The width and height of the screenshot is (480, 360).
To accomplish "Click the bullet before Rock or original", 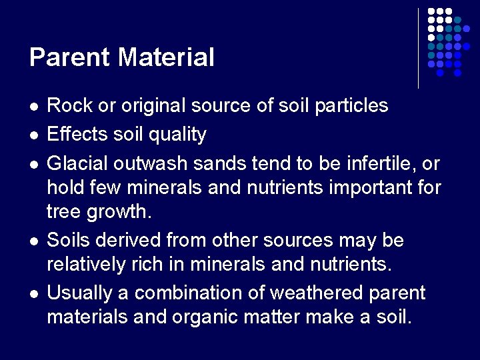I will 33,107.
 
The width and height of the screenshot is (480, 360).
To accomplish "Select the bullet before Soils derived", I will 33,241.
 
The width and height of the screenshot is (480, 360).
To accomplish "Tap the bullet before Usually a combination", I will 33,294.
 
